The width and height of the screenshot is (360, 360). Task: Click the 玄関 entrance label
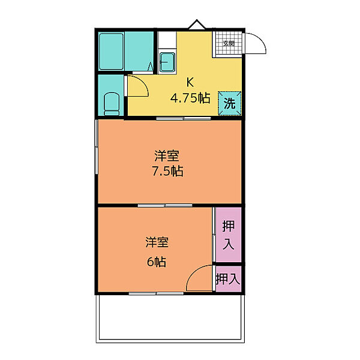pyautogui.click(x=229, y=43)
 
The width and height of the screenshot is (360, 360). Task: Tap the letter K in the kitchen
pyautogui.click(x=190, y=82)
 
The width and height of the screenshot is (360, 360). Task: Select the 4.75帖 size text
pyautogui.click(x=190, y=98)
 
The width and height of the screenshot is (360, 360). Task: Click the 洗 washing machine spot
pyautogui.click(x=230, y=103)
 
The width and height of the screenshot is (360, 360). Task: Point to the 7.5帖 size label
pyautogui.click(x=167, y=171)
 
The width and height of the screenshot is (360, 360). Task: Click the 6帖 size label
pyautogui.click(x=157, y=262)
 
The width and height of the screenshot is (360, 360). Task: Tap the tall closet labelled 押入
pyautogui.click(x=229, y=235)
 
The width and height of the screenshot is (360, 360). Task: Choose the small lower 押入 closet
pyautogui.click(x=229, y=279)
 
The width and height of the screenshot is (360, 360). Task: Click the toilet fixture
pyautogui.click(x=112, y=104)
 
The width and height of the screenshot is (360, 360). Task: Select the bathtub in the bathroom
pyautogui.click(x=111, y=52)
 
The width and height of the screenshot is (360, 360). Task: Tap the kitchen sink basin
pyautogui.click(x=167, y=62)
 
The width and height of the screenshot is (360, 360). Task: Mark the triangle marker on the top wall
pyautogui.click(x=197, y=25)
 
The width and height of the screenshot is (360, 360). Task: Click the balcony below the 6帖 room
pyautogui.click(x=170, y=318)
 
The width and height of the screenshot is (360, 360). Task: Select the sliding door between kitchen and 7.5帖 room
pyautogui.click(x=184, y=118)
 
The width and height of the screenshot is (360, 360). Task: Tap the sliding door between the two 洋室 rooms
pyautogui.click(x=165, y=205)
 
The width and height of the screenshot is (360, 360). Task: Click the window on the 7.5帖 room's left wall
pyautogui.click(x=97, y=147)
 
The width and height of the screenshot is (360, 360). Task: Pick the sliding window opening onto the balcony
pyautogui.click(x=156, y=293)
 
